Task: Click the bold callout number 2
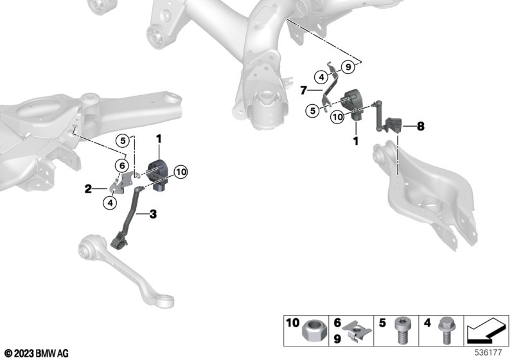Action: [88, 189]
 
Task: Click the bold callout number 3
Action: [153, 215]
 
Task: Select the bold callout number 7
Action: [304, 90]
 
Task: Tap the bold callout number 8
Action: [420, 126]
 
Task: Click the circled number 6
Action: [122, 166]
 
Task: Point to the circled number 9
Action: [348, 67]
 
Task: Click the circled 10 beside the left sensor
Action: [181, 172]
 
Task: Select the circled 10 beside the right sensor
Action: [338, 117]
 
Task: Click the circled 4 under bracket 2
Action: [110, 203]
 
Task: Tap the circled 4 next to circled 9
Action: [321, 77]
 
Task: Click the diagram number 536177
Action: [488, 353]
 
